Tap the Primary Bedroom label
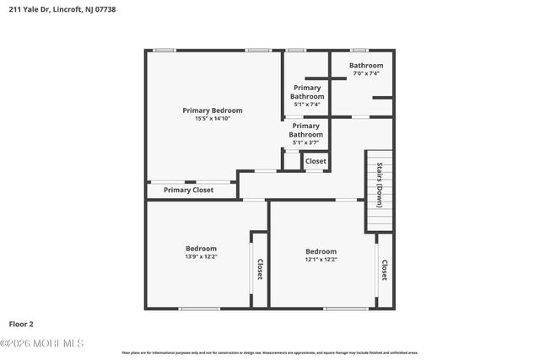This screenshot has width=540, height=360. [213, 110]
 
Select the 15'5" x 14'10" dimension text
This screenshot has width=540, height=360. [213, 119]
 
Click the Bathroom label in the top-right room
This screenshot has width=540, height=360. [366, 66]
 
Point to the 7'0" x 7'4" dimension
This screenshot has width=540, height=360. [366, 73]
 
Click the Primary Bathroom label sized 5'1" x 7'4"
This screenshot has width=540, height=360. [307, 92]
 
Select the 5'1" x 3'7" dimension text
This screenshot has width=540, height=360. [306, 142]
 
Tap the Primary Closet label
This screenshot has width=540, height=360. [188, 191]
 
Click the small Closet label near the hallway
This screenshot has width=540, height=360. [316, 161]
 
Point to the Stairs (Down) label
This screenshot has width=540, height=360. [381, 185]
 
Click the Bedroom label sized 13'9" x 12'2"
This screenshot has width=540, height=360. [201, 248]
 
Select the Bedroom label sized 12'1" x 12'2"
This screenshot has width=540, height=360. [321, 251]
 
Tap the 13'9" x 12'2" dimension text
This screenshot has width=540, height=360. [201, 256]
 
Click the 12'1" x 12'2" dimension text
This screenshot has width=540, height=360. [321, 260]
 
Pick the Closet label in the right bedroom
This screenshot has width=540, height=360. [385, 271]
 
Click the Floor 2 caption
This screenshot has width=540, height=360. [21, 324]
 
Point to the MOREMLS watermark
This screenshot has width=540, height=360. [42, 343]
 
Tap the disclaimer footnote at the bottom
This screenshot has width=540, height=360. [270, 352]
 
